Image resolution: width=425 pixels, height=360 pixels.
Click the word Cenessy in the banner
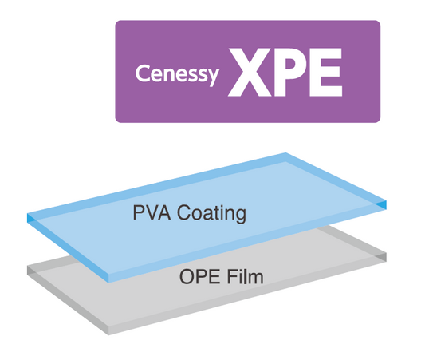tap(177, 74)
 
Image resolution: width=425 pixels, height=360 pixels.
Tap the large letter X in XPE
tap(250, 72)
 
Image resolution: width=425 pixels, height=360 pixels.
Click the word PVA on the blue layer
tap(152, 212)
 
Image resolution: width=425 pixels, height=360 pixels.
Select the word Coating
tap(211, 214)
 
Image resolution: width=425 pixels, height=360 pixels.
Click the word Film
tap(245, 276)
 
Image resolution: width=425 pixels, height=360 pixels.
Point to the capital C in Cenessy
tap(143, 73)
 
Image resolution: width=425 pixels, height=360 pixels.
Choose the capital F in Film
tap(232, 276)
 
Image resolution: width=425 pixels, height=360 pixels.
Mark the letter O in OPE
tap(187, 276)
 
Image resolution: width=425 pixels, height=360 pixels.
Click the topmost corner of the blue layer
tap(285, 153)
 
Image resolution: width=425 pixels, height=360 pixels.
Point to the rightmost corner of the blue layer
tap(386, 201)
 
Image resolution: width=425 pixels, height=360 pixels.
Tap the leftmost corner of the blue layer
tap(27, 214)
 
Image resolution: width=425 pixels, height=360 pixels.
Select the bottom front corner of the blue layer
tap(108, 283)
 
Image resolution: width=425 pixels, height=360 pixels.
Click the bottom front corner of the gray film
tap(108, 335)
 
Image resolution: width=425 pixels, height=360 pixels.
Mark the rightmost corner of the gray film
tap(386, 254)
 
